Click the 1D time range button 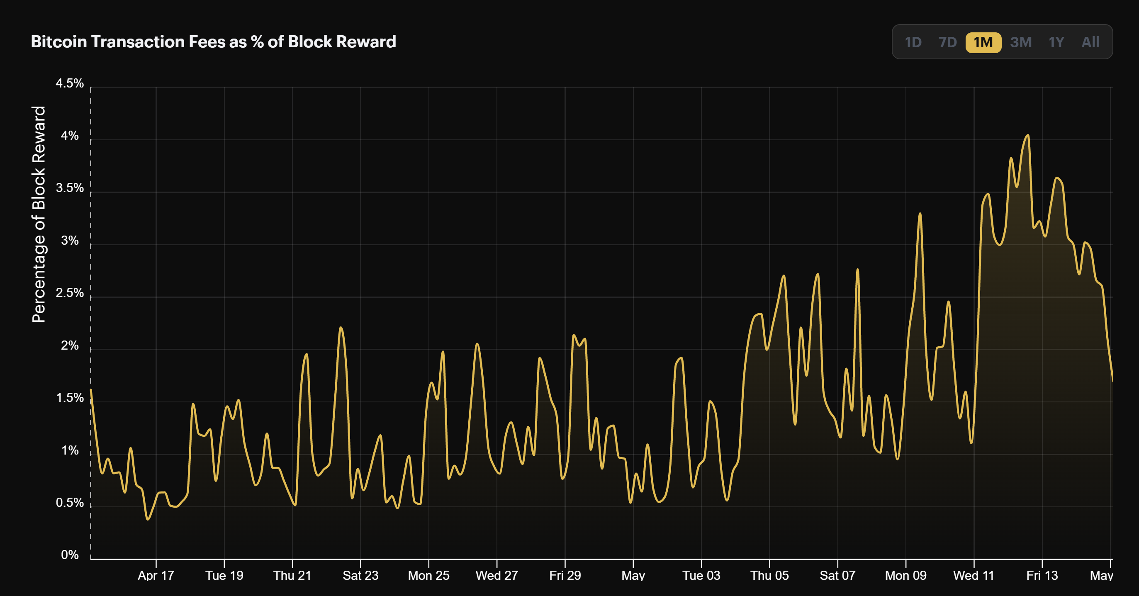pos(913,42)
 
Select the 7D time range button pos(947,42)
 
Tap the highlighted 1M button pos(983,42)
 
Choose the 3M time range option pos(1020,42)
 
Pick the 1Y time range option pos(1056,42)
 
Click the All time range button pos(1090,42)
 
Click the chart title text pos(213,41)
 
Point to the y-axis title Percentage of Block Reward pos(39,214)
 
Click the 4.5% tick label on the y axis pos(69,83)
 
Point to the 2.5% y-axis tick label pos(69,293)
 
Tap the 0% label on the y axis pos(69,555)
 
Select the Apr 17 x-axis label pos(156,575)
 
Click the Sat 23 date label pos(360,575)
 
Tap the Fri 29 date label pos(565,575)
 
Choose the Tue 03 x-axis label pos(701,575)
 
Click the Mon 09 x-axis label pos(905,575)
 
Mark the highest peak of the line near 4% pos(1027,135)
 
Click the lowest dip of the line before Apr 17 pos(148,519)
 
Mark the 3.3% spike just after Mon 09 pos(920,214)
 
